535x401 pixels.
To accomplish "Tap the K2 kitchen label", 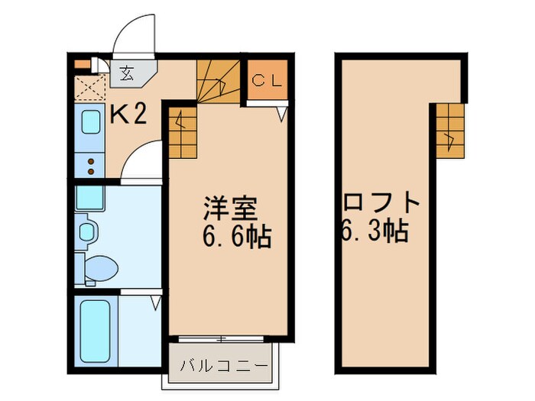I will pos(129,115).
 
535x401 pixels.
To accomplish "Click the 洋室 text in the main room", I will pos(229,208).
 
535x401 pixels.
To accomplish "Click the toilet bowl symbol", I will pos(100,268).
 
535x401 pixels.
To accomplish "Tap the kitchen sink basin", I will pos(91,123).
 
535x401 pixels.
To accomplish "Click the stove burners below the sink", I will pos(91,162).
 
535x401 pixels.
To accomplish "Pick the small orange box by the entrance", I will pos(83,64).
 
